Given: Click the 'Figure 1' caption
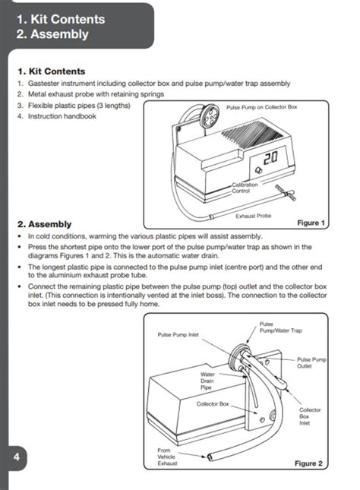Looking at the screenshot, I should tap(311, 223).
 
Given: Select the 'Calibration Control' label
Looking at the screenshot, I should tap(245, 188).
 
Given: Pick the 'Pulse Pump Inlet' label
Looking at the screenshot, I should tap(178, 334).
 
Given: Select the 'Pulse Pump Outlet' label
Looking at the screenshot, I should tap(311, 362).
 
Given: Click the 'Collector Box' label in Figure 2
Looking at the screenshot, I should tap(213, 403).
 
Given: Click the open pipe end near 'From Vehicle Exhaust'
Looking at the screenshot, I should tap(208, 456).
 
